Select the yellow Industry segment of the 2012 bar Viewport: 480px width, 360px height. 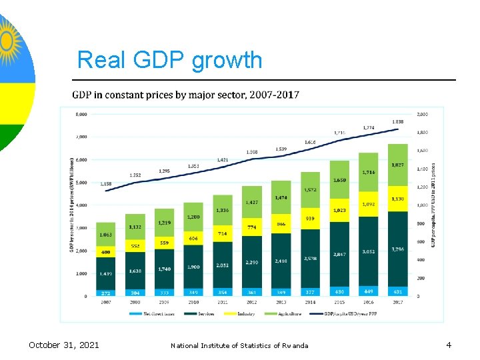click(x=251, y=227)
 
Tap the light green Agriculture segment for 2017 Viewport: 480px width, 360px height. click(x=397, y=165)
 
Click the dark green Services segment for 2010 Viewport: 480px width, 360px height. click(x=193, y=267)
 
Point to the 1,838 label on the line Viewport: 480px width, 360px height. click(x=397, y=121)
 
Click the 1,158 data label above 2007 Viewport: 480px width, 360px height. click(x=105, y=183)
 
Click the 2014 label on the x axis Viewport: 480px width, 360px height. click(x=309, y=302)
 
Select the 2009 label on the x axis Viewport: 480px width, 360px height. click(x=163, y=302)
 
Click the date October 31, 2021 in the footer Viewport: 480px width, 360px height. click(x=64, y=345)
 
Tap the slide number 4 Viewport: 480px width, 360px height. click(x=449, y=345)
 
